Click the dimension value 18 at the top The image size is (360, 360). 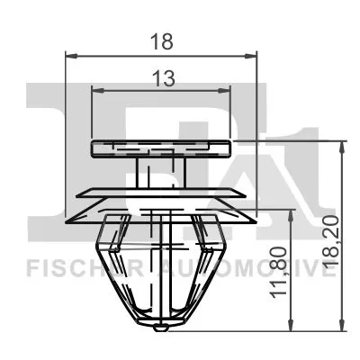coord(162,42)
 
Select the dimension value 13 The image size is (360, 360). coord(162,79)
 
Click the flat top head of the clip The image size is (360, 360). coord(162,148)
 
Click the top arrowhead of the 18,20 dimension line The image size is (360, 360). coord(341,145)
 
